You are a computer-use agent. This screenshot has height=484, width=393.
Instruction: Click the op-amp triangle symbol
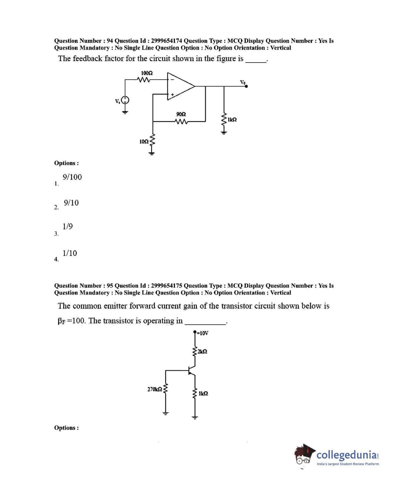click(180, 86)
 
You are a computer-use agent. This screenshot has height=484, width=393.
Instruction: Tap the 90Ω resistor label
click(181, 114)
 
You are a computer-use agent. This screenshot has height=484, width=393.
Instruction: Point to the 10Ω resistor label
click(144, 142)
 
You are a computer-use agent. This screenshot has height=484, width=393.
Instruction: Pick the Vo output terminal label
click(243, 82)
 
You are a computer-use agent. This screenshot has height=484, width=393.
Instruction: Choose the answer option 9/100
click(72, 177)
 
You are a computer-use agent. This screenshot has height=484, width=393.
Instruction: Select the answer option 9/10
click(71, 203)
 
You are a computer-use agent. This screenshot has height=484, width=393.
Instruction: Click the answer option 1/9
click(68, 227)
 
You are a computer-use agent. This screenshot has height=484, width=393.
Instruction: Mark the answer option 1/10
click(70, 253)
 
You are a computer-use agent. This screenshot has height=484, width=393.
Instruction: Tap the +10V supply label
click(202, 333)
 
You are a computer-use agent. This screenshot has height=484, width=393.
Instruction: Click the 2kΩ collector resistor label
click(203, 351)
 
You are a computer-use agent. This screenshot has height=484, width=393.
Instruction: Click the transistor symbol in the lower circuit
click(191, 371)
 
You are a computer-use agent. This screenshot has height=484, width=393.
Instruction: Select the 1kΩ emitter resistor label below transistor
click(203, 394)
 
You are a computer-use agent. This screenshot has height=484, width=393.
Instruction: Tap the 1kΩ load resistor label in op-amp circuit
click(232, 119)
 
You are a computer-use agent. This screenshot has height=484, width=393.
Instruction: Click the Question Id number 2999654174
click(167, 41)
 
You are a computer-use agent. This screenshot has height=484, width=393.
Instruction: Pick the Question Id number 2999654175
click(167, 286)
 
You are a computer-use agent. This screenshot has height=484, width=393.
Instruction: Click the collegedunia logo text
click(347, 455)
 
